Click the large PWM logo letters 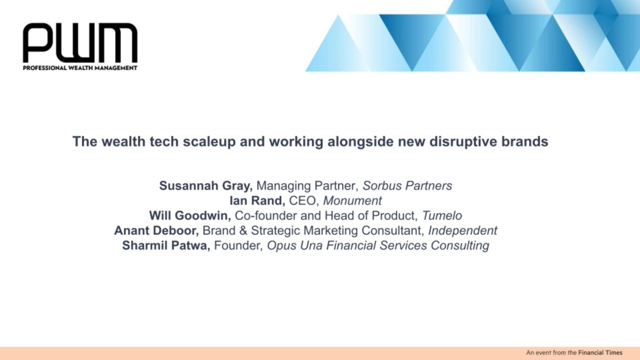coord(80,43)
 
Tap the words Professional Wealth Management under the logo coord(80,68)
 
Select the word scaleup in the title coord(209,142)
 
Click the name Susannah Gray coord(205,186)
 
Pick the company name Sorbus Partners coord(407,185)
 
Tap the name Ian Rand coord(257,200)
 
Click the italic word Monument coord(352,200)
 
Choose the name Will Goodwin coord(190,215)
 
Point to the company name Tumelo coord(442,215)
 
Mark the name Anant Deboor coord(156,230)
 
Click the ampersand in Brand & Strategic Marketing coord(243,230)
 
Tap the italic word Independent coord(463,231)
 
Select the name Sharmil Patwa coord(166,245)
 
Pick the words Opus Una coord(294,245)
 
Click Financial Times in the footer coord(600,353)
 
